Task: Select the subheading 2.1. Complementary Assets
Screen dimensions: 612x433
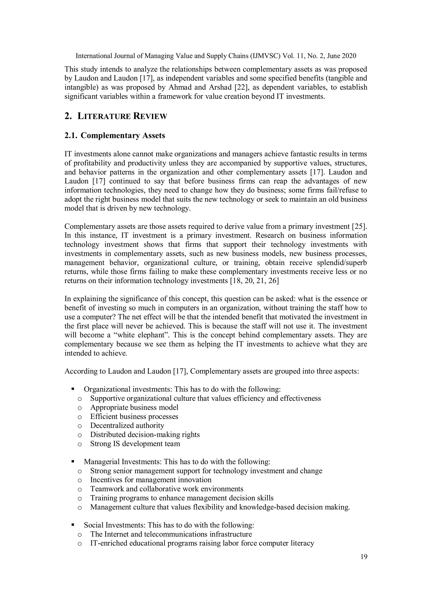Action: point(115,135)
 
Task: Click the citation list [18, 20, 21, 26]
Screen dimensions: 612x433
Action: point(254,281)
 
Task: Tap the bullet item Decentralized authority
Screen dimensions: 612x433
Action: point(127,425)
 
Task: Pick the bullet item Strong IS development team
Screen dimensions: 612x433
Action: point(135,444)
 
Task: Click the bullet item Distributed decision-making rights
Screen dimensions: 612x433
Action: point(145,434)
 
